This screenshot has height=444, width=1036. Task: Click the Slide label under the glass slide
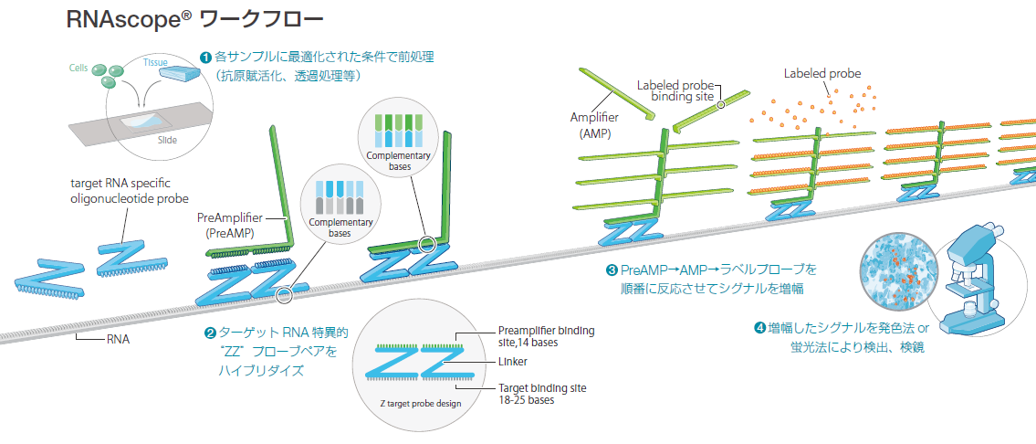coord(167,140)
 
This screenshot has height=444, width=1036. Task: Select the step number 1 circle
coord(204,57)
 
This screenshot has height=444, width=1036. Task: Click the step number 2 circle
coord(210,333)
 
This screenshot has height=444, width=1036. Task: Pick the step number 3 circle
coord(611,270)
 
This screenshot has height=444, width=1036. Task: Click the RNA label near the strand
coord(116,339)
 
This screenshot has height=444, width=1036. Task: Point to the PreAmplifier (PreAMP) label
coord(230,226)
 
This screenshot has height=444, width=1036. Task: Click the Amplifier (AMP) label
coord(594,125)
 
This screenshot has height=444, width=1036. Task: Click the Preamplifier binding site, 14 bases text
coord(542,336)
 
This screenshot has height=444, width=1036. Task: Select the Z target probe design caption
coord(421,403)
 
